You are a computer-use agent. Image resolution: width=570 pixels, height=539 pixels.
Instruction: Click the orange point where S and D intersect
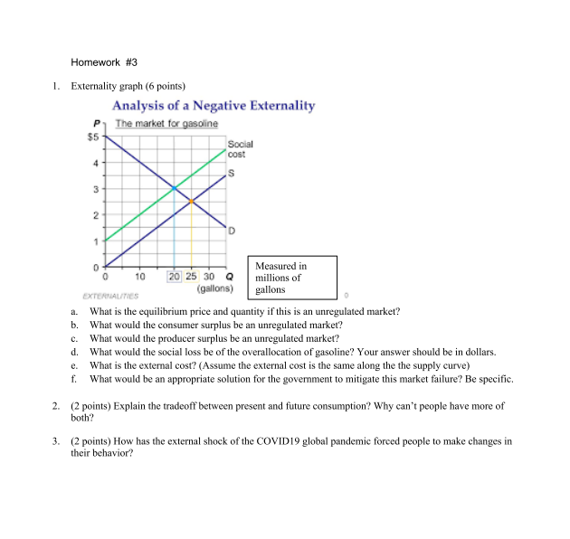pos(191,201)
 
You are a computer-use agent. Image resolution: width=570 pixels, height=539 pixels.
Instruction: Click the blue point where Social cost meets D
pos(174,188)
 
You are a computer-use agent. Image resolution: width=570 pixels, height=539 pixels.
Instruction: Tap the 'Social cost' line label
pos(240,149)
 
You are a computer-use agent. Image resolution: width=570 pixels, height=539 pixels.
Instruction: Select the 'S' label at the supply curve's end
pos(232,174)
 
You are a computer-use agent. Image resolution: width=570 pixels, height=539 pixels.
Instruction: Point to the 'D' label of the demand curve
pos(232,231)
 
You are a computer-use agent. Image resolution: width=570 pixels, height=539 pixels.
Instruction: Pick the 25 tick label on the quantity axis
pos(192,277)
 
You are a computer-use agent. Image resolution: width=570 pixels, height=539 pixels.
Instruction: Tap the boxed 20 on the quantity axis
pos(175,277)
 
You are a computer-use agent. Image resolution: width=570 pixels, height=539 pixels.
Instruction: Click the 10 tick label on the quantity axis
pos(140,277)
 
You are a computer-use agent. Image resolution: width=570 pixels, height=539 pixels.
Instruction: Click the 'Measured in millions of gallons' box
pos(295,278)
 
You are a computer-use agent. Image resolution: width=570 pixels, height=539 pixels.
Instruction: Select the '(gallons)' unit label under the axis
pos(214,289)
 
